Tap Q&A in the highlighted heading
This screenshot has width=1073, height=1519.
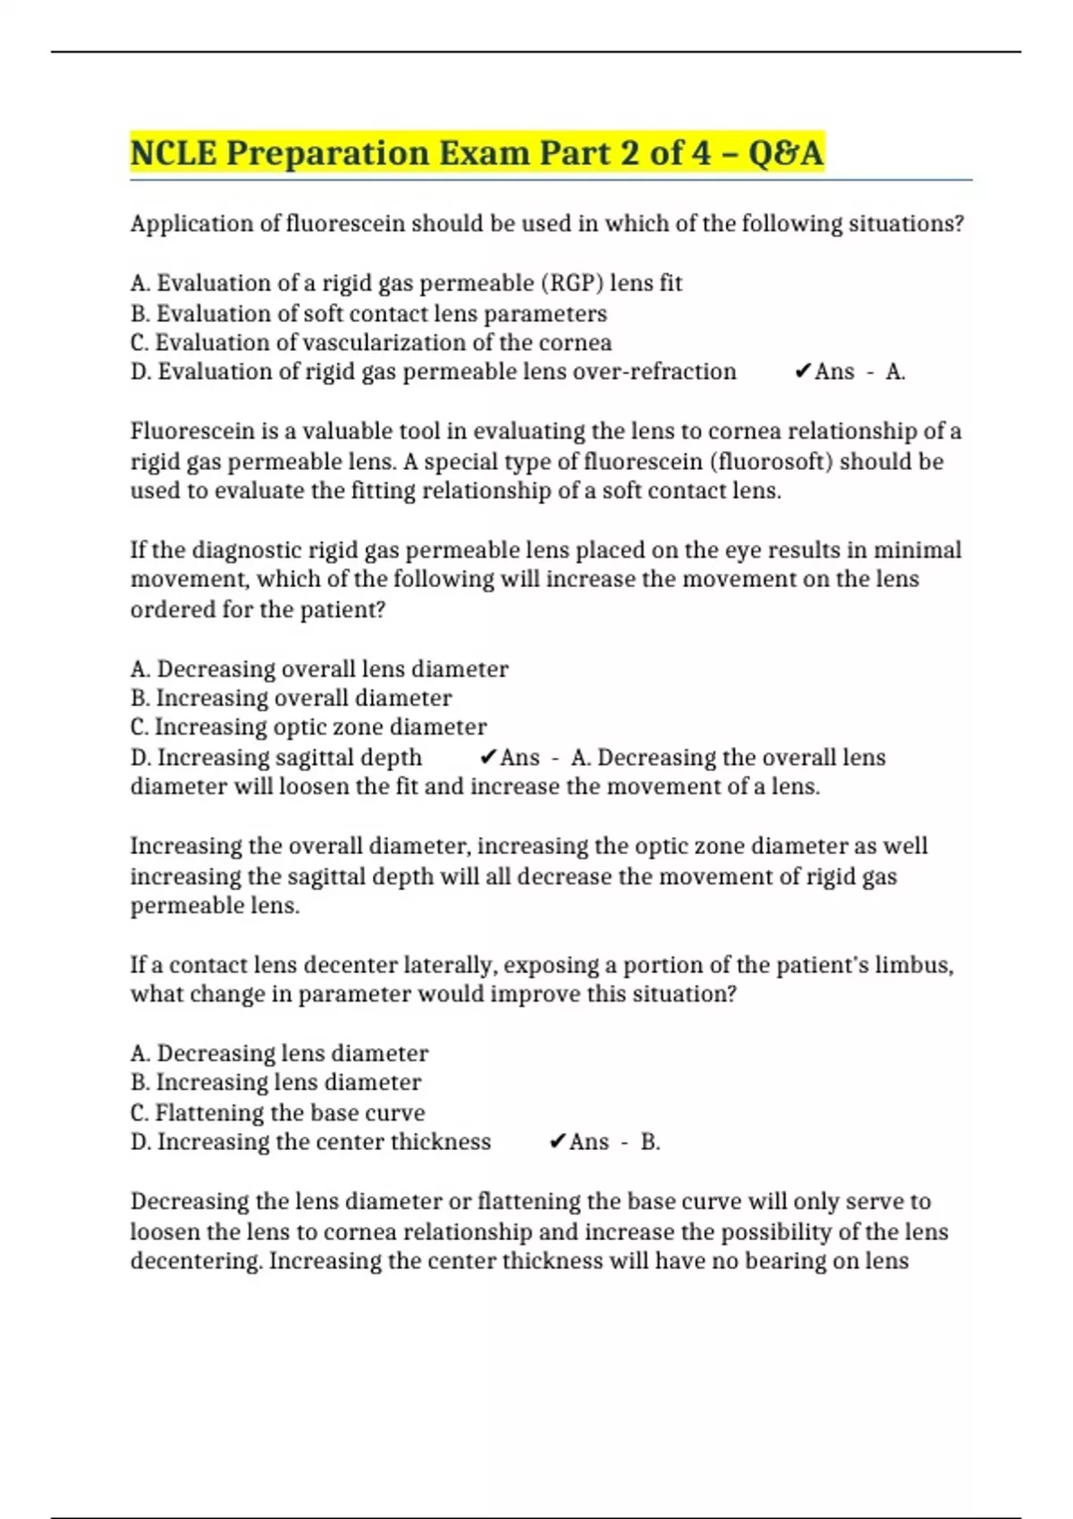coord(784,153)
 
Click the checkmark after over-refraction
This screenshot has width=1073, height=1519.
coord(802,372)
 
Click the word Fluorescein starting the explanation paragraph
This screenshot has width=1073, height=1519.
coord(192,432)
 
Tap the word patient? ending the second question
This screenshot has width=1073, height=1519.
coord(342,610)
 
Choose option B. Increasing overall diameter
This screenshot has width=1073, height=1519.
coord(291,698)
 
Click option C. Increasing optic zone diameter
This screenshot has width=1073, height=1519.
coord(308,727)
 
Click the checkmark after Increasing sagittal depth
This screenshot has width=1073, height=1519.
coord(487,758)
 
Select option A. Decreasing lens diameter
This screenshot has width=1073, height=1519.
coord(279,1053)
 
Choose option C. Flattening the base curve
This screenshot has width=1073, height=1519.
coord(277,1113)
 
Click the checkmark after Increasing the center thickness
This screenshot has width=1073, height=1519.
coord(556,1142)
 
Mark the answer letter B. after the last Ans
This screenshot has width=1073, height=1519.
coord(650,1142)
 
